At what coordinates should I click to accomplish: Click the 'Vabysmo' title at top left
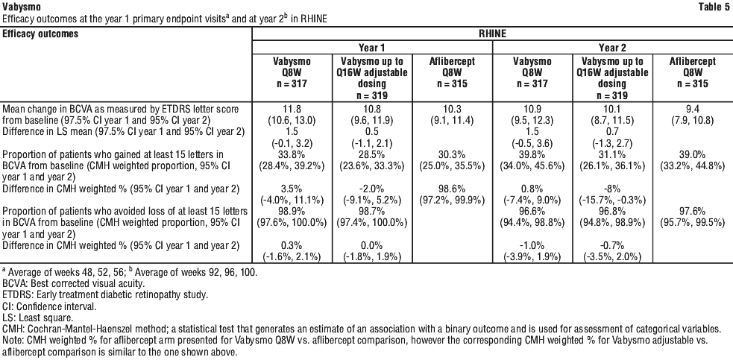tap(21, 7)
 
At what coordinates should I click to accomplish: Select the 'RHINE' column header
tap(492, 34)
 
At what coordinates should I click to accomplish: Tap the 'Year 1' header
tap(372, 48)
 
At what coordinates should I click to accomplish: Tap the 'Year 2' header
tap(612, 48)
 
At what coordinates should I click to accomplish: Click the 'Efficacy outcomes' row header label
tap(40, 34)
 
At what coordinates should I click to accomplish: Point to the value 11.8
tap(292, 109)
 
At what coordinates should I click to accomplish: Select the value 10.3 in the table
tap(452, 109)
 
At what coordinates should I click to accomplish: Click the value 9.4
tap(692, 109)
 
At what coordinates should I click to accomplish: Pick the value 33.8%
tap(292, 155)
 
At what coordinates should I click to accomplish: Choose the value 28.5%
tap(372, 155)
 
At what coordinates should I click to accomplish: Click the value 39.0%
tap(692, 155)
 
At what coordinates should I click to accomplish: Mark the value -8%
tap(612, 189)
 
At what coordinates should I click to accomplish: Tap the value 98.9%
tap(292, 212)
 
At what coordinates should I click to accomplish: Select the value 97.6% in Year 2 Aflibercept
tap(692, 212)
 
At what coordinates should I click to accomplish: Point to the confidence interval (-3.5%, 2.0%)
tap(612, 256)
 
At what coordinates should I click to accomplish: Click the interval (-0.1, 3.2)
tap(292, 143)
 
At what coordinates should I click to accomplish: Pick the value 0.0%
tap(372, 245)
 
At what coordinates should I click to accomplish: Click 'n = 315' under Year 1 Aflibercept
tap(452, 84)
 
